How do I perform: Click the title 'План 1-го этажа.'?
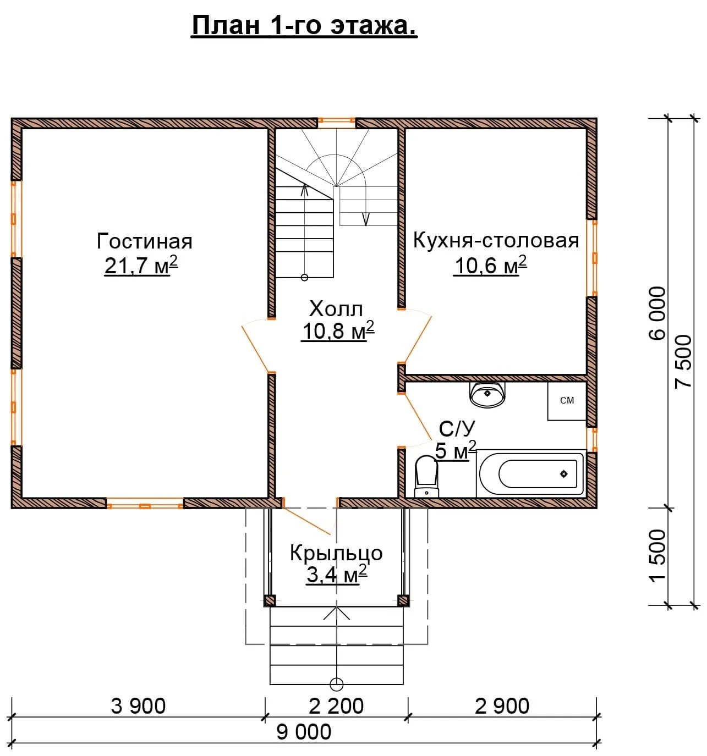(304, 26)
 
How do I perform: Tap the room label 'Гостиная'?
(144, 241)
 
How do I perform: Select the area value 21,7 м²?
(141, 265)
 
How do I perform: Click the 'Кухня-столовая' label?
(496, 241)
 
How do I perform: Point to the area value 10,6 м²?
(490, 265)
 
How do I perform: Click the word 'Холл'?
(336, 308)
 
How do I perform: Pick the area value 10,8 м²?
(338, 331)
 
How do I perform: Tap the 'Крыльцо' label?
(336, 553)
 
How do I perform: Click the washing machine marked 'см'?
(567, 401)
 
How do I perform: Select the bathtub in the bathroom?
(531, 473)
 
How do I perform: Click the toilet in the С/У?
(426, 476)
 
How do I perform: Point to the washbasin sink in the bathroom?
(487, 394)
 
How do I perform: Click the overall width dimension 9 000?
(304, 732)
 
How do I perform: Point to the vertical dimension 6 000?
(658, 313)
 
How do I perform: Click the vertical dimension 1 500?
(658, 556)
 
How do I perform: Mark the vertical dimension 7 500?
(683, 362)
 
